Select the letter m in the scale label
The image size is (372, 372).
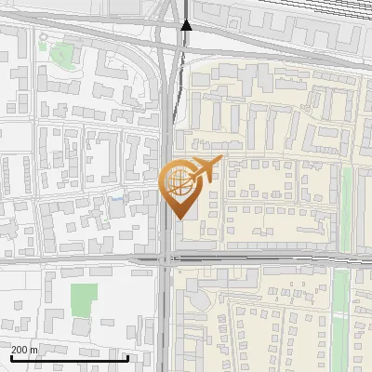point(34,350)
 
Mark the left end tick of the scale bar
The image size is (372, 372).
point(11,358)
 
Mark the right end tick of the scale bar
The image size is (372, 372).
point(127,358)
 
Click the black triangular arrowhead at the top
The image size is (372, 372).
point(186,24)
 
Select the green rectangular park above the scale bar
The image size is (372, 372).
point(84,299)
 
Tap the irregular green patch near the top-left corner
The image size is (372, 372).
point(62,52)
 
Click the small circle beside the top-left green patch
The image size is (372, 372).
point(42,37)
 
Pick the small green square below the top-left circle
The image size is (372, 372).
point(42,46)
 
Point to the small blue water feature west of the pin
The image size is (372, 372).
point(116,198)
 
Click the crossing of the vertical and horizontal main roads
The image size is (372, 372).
point(165,259)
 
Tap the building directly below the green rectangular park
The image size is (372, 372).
point(81,328)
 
